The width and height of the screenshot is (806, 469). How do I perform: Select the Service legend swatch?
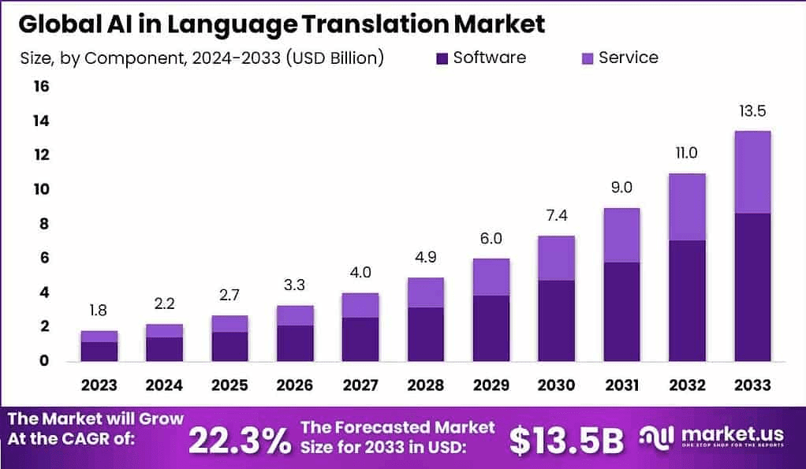click(586, 58)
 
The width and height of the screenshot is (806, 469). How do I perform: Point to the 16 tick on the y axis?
click(40, 86)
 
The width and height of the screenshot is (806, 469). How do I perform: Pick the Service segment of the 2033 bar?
click(752, 172)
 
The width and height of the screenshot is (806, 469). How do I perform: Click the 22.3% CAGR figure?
click(240, 440)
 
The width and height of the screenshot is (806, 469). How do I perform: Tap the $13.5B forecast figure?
click(566, 441)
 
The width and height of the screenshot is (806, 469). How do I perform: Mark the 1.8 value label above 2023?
click(99, 310)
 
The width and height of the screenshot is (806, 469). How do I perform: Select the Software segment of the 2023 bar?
click(99, 352)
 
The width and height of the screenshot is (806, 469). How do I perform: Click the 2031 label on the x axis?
click(621, 385)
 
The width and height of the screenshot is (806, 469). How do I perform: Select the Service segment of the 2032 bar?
click(686, 207)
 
